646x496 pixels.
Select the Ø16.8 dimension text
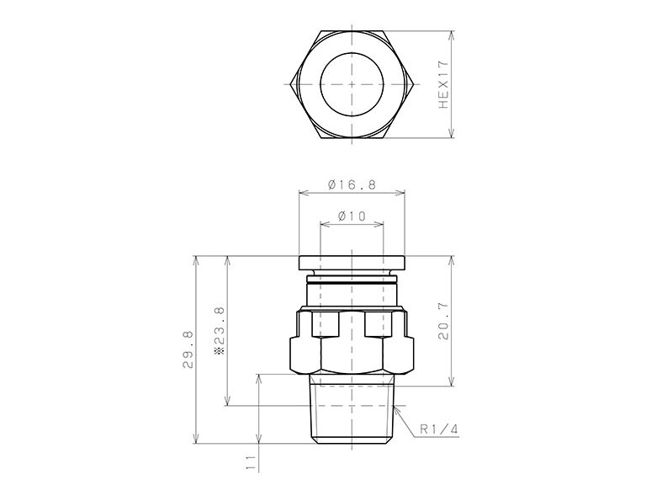click(x=352, y=184)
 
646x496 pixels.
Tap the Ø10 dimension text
click(x=352, y=216)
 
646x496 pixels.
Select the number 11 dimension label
click(x=250, y=461)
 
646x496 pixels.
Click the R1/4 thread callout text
click(x=438, y=429)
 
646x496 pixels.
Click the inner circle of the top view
click(x=352, y=84)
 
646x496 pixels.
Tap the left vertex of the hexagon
click(x=289, y=84)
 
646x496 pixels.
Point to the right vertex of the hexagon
click(x=416, y=84)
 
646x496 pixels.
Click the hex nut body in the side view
click(x=352, y=341)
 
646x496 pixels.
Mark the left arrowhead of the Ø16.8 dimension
click(x=301, y=193)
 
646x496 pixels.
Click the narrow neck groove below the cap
click(x=352, y=281)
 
